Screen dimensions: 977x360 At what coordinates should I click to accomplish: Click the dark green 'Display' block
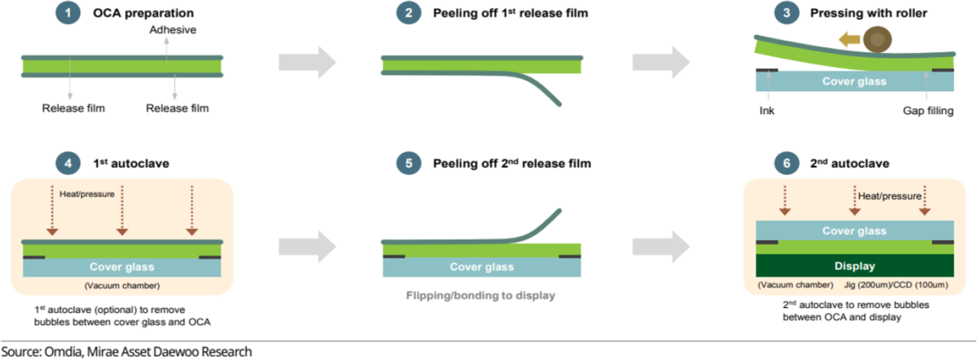tap(855, 266)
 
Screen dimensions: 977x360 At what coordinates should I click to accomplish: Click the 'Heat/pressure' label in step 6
tap(889, 195)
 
